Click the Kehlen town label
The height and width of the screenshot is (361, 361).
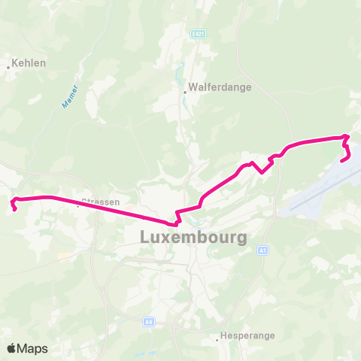click(29, 63)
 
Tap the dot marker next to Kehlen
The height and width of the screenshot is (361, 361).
click(8, 67)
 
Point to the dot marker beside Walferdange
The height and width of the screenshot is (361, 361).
click(184, 93)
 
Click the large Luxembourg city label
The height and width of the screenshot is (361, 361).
click(193, 237)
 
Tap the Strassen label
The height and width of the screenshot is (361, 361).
click(100, 202)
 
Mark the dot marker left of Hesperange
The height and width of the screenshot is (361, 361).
click(217, 339)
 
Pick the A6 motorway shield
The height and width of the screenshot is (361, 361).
click(150, 321)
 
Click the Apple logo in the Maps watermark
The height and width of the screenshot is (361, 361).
click(12, 348)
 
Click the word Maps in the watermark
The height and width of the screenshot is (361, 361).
click(32, 348)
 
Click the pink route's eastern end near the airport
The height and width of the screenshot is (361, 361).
click(343, 159)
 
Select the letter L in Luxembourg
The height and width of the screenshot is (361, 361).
click(145, 237)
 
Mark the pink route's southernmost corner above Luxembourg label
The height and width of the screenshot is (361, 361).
click(175, 223)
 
